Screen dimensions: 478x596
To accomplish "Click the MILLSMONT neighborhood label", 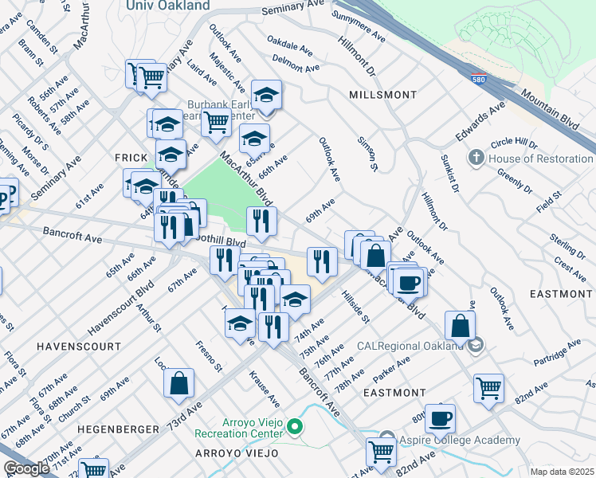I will pos(382,95).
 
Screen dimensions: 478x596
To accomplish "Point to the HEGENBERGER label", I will pos(119,429).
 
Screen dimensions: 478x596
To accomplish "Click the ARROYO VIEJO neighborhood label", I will pos(237,453).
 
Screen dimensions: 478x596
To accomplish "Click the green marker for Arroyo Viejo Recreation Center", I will pos(294,428).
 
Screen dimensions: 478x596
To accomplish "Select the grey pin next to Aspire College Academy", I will pos(386,438).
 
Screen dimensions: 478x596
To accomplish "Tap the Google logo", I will pos(26,468).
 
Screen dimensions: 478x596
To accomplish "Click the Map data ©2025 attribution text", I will pos(563,472).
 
